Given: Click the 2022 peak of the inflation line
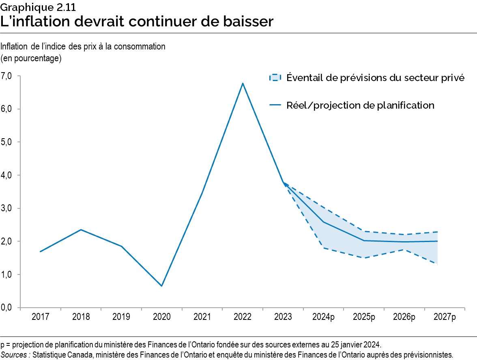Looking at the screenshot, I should (x=243, y=84).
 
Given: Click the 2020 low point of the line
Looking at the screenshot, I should (x=162, y=286).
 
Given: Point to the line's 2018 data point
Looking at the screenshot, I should (x=81, y=230).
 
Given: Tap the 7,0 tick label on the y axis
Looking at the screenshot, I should (x=7, y=76).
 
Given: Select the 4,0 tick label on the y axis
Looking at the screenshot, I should (x=7, y=175).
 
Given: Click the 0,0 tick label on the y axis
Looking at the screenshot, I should (x=7, y=308).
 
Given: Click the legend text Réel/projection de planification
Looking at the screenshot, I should (x=360, y=105).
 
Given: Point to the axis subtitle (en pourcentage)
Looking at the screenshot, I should (x=31, y=58).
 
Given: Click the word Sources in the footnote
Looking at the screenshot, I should (x=15, y=355).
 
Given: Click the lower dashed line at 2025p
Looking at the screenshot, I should (x=364, y=258).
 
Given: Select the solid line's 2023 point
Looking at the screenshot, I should (x=283, y=183).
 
